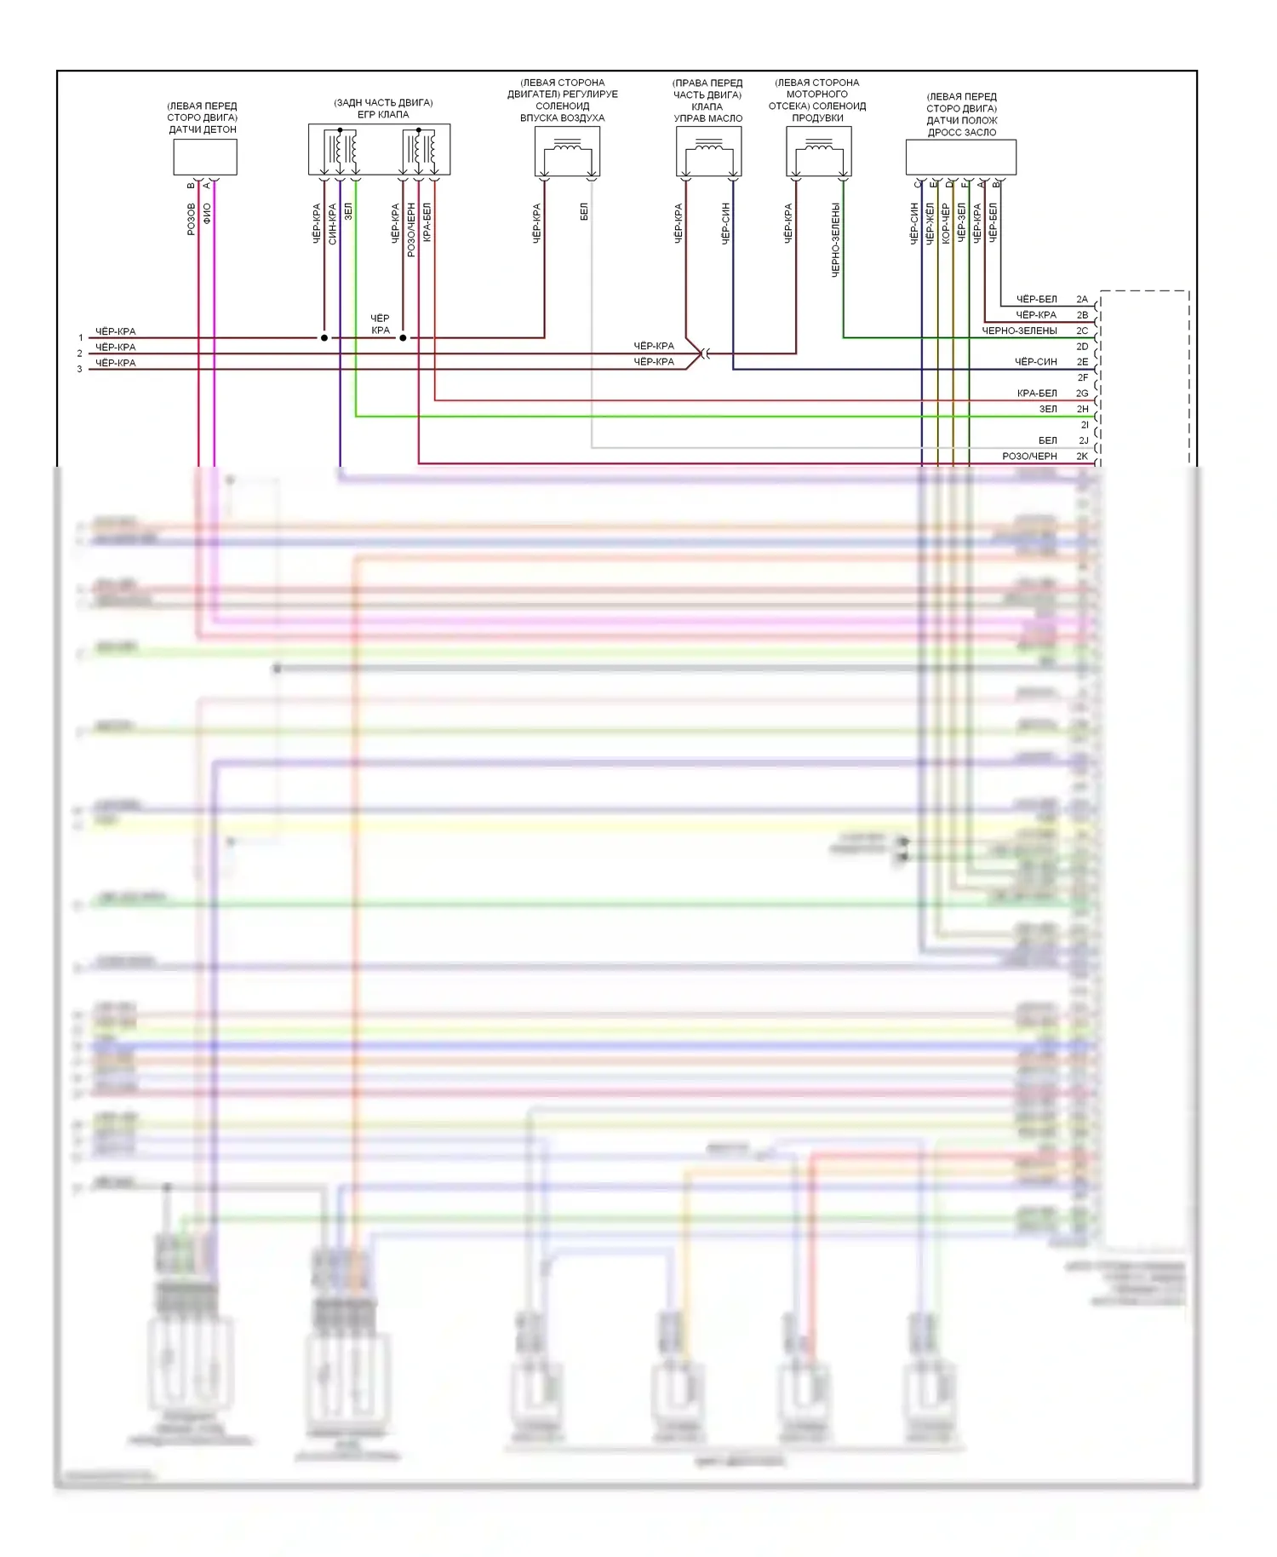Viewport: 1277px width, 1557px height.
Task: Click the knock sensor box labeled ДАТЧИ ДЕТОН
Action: (205, 158)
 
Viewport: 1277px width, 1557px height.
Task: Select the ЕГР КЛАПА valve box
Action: (379, 150)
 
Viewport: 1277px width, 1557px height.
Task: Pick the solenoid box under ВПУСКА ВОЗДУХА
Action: (567, 152)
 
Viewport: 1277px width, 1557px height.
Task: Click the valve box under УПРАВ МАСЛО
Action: (708, 152)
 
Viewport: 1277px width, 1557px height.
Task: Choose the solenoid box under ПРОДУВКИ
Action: (818, 152)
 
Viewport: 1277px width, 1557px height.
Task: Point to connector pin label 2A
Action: (1082, 300)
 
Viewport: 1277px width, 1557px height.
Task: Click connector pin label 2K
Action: (1082, 457)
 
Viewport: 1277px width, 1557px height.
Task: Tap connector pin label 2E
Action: (1082, 362)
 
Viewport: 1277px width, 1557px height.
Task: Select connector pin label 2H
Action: (1082, 410)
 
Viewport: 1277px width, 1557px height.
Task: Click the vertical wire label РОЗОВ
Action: (192, 219)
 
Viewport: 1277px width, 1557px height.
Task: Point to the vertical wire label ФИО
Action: (207, 214)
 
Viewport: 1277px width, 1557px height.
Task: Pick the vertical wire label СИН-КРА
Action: (333, 224)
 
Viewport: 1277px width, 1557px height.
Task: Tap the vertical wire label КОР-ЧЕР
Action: (946, 224)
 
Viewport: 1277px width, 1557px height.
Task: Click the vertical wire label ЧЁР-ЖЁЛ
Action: (930, 224)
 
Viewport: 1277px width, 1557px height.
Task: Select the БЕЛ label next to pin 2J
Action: (1047, 441)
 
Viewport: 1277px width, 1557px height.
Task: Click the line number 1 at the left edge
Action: (81, 338)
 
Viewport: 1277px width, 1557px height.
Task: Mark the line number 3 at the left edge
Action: (80, 370)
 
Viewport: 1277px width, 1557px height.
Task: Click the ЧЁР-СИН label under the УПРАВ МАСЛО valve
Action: (726, 224)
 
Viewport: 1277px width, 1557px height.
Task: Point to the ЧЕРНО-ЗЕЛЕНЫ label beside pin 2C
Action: (1019, 331)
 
